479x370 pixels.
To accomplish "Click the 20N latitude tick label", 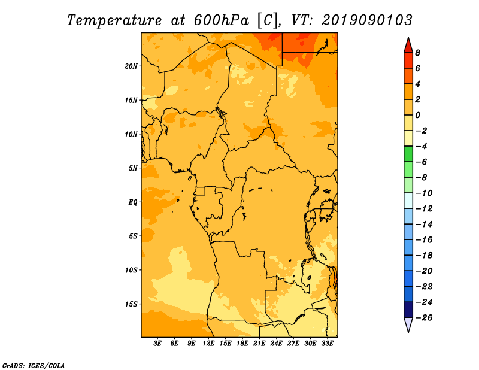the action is point(131,66).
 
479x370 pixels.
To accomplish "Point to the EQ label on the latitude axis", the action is point(133,202).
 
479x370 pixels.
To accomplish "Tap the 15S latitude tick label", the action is point(131,304).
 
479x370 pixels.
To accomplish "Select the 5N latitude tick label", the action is point(133,168).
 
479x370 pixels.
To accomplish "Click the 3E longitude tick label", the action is point(157,343).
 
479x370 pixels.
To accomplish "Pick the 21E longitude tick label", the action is point(259,343).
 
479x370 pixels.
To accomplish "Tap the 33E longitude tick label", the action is point(327,343).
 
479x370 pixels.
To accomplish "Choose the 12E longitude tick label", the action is point(208,343).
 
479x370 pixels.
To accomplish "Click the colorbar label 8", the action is point(417,53).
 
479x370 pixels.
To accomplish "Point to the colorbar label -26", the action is point(424,318).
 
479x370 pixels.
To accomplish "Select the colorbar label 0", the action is point(417,115).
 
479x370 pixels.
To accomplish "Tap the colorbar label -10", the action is point(424,193).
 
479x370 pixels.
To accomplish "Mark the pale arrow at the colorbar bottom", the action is point(408,324).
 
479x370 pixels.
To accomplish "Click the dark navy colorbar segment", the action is point(408,310).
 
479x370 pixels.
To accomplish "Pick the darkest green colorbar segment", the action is point(408,154).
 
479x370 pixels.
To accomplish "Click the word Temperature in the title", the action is point(114,20).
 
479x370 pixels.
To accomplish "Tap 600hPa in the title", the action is point(221,20).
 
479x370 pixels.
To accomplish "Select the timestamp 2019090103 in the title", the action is point(367,20).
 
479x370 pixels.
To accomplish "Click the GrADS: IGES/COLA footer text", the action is point(34,365).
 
